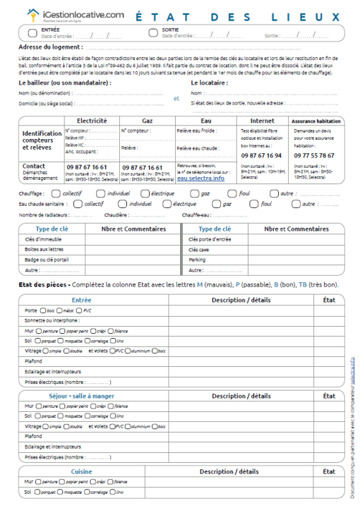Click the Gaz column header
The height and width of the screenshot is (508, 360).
(x=148, y=121)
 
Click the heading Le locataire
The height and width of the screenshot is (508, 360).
(x=209, y=82)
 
